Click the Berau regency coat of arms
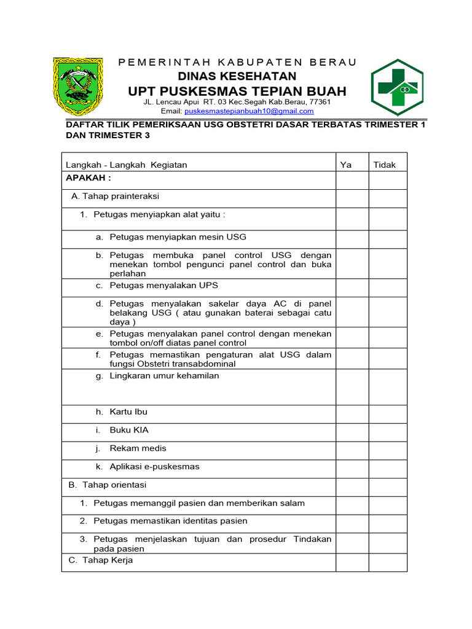(77, 87)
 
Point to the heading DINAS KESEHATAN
(237, 76)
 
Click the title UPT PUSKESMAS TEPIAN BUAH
(237, 92)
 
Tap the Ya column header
(346, 165)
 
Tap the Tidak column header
(385, 165)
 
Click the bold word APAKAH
(88, 178)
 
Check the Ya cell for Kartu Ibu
(352, 414)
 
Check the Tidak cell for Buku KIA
(387, 432)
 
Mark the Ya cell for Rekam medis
(352, 451)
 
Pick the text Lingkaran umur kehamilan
(164, 376)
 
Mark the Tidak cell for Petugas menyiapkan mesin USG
(387, 239)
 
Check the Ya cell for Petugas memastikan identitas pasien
(352, 523)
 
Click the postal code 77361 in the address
(320, 102)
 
